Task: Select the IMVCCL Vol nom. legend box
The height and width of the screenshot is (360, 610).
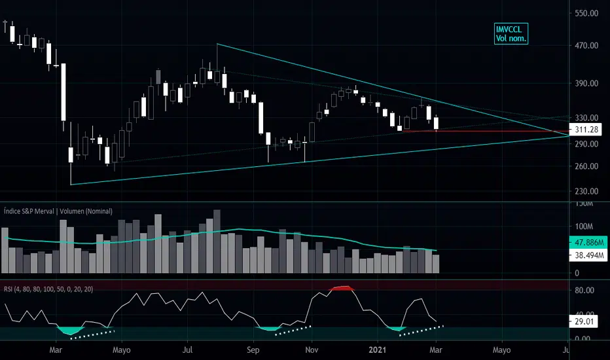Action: pos(511,34)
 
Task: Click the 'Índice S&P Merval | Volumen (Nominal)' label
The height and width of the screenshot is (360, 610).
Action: pos(57,211)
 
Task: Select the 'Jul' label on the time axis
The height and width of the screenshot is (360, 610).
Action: pos(188,350)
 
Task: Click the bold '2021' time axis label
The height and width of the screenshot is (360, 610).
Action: pos(378,350)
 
